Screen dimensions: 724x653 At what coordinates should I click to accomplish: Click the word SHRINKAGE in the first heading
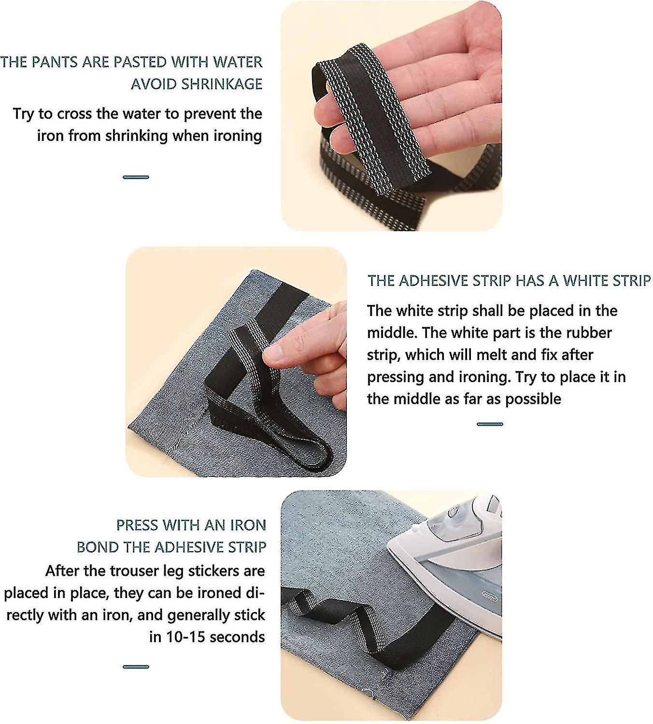pos(222,84)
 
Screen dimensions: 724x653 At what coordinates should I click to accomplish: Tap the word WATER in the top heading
pos(238,62)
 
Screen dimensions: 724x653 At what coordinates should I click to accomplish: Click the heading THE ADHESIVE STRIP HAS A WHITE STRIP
pos(509,280)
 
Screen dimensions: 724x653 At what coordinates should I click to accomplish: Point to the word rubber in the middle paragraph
pos(588,333)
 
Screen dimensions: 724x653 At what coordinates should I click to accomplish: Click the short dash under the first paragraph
pos(136,177)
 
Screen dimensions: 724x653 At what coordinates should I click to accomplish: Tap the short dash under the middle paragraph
pos(490,424)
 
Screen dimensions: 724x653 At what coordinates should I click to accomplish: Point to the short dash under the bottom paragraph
pos(136,667)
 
